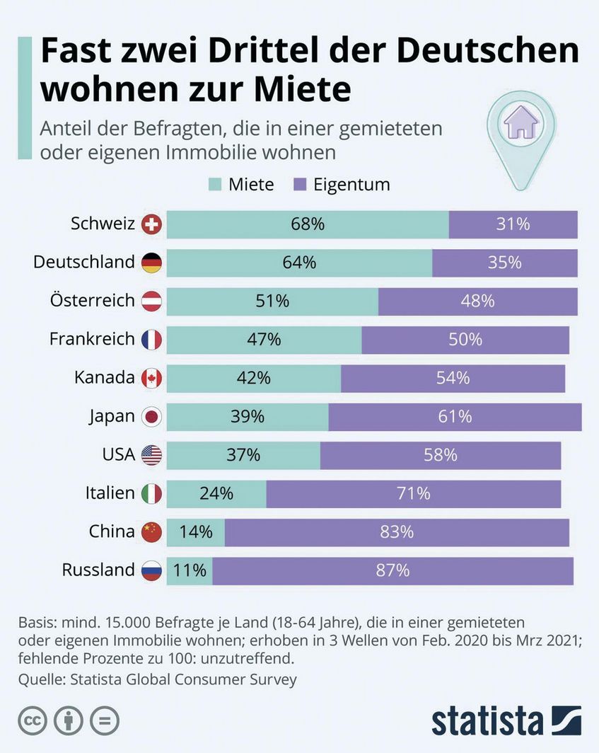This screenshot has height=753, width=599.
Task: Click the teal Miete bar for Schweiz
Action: pyautogui.click(x=308, y=224)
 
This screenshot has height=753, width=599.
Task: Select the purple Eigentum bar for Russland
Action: pyautogui.click(x=392, y=570)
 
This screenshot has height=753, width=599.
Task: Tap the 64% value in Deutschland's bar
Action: pyautogui.click(x=299, y=263)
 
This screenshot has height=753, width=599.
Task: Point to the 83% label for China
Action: pyautogui.click(x=397, y=531)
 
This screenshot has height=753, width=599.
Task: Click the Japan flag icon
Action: pyautogui.click(x=152, y=417)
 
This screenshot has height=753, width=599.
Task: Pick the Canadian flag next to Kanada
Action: pyautogui.click(x=152, y=379)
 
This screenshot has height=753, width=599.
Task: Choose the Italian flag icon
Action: pyautogui.click(x=152, y=493)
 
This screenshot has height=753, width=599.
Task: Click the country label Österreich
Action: pyautogui.click(x=92, y=301)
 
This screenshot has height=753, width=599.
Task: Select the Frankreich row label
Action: pyautogui.click(x=92, y=339)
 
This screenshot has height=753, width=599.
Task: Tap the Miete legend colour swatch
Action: pyautogui.click(x=215, y=185)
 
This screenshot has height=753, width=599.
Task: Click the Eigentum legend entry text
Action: pyautogui.click(x=351, y=185)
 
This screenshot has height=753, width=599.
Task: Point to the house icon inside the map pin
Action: pyautogui.click(x=521, y=125)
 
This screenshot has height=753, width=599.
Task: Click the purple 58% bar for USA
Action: pyautogui.click(x=440, y=455)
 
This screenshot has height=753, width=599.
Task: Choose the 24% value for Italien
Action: pyautogui.click(x=216, y=493)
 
